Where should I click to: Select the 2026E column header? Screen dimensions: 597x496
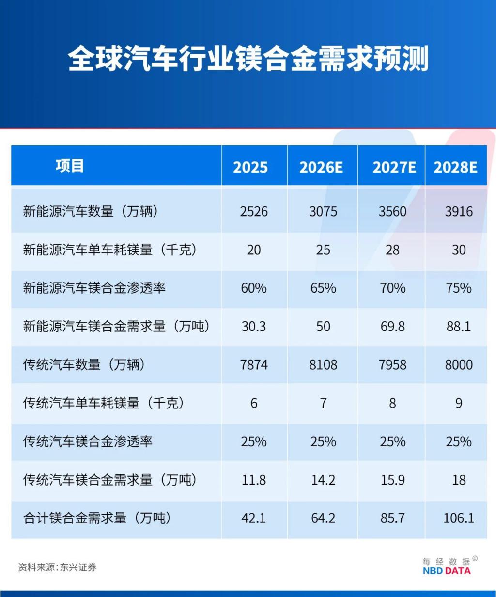point(321,167)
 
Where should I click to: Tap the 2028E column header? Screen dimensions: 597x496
point(455,167)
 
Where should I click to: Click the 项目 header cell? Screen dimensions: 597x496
point(70,166)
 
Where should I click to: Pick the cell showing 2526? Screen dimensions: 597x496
point(254,212)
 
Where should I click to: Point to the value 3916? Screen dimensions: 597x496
point(458,212)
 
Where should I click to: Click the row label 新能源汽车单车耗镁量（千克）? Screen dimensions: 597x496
point(109,250)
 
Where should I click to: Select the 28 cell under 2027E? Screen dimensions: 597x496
point(392,250)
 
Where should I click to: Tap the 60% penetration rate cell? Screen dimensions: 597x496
point(254,288)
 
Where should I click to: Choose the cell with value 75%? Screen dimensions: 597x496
point(458,288)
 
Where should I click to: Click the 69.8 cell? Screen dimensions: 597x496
point(392,327)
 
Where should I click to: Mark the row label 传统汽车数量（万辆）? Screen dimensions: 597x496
point(84,365)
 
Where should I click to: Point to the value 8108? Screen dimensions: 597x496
point(323,365)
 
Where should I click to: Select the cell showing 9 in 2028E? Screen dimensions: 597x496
point(458,403)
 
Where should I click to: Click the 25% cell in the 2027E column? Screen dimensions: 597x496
point(392,441)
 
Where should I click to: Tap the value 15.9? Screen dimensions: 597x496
point(392,480)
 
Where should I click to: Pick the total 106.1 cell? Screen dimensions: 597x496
point(458,518)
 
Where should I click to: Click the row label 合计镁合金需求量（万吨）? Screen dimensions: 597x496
point(97,518)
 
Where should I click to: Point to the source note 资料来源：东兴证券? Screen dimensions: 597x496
point(57,567)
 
